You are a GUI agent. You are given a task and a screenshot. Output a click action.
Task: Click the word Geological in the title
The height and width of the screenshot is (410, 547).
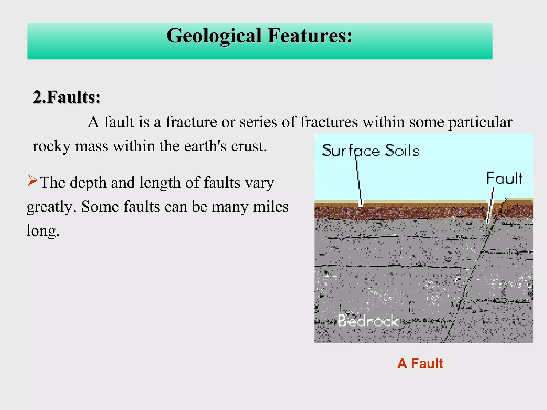click(214, 36)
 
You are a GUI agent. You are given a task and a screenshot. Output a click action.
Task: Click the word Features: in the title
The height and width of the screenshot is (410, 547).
click(310, 36)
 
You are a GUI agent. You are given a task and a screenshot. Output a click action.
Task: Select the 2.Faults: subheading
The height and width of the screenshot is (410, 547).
click(67, 97)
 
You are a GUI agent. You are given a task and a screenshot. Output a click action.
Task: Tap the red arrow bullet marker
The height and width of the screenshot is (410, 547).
click(33, 180)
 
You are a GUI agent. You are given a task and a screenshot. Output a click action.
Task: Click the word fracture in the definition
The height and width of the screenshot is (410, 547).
click(191, 122)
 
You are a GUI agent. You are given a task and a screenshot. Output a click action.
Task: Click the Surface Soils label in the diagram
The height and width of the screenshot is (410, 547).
click(370, 151)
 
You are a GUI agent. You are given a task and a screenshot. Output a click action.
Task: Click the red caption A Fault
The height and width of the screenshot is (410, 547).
click(420, 364)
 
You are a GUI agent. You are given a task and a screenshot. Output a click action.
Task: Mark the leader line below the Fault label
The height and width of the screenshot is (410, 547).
click(490, 206)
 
